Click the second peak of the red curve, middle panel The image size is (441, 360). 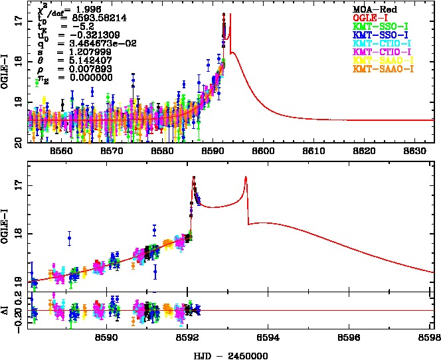[246, 177]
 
